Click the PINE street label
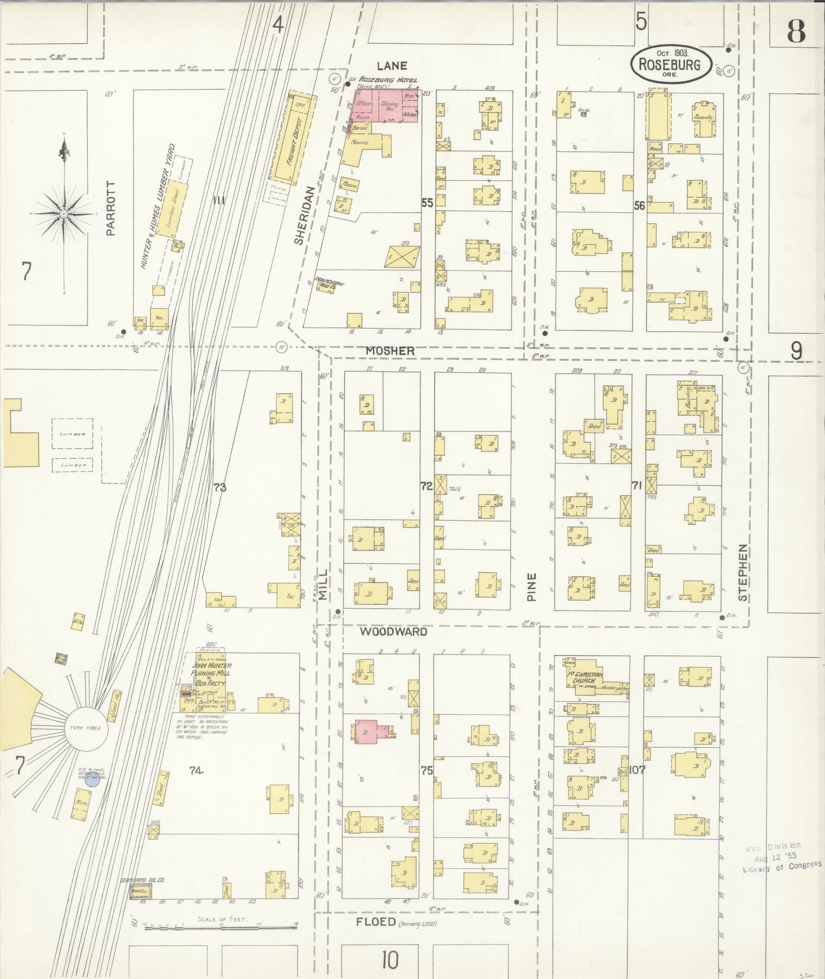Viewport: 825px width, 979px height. point(532,586)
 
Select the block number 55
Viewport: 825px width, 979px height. point(427,203)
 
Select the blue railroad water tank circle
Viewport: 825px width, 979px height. point(92,780)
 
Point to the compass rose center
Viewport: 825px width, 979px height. point(63,213)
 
